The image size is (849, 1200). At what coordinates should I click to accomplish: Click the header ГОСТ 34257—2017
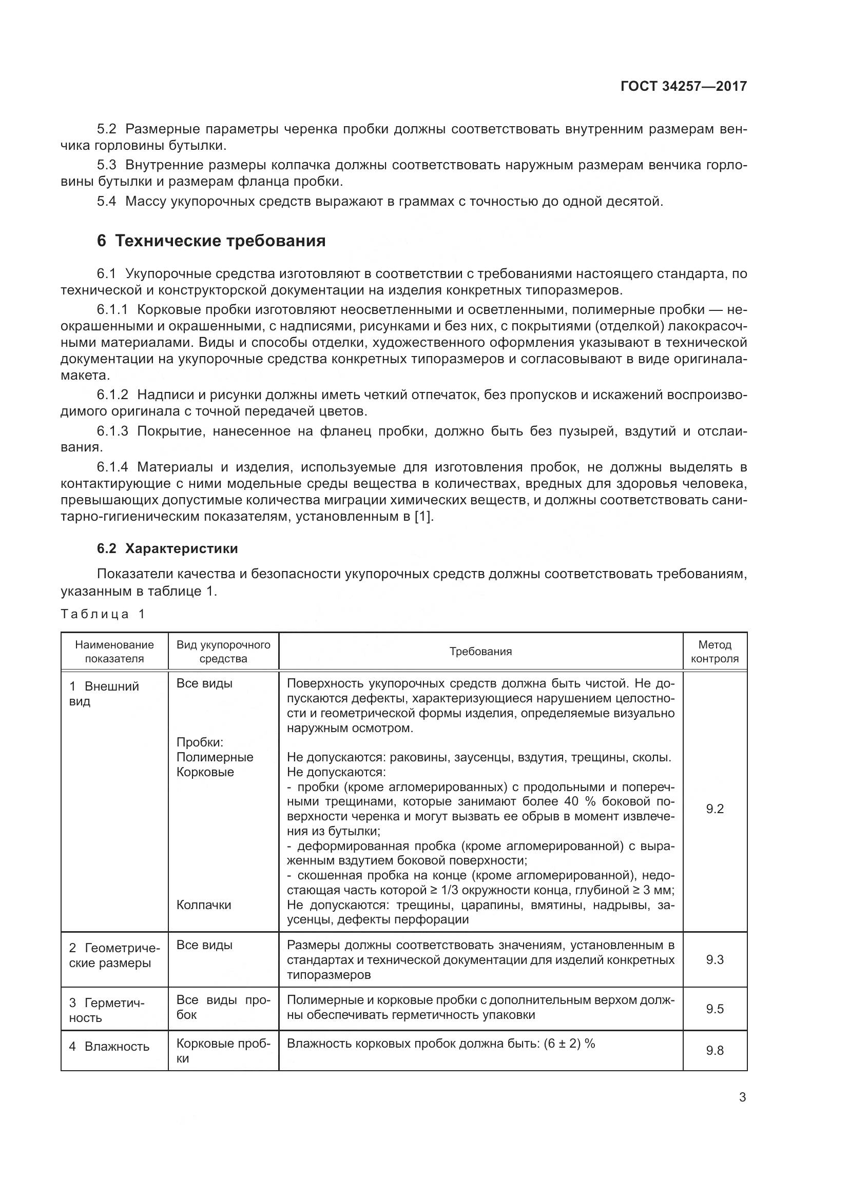(x=683, y=86)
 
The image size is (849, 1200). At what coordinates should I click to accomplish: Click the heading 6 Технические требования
(x=211, y=241)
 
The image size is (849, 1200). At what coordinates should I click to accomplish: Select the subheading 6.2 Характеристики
(x=167, y=548)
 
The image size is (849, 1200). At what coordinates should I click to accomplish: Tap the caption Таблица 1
(x=103, y=614)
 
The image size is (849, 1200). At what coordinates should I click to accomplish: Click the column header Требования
(x=480, y=651)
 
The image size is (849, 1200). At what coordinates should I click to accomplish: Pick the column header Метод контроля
(x=715, y=651)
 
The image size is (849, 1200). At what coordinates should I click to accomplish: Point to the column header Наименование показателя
(x=114, y=651)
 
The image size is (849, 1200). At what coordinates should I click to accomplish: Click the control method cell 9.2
(x=715, y=809)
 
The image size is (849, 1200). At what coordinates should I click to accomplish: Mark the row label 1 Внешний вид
(x=104, y=694)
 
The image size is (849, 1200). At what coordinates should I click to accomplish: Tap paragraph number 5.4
(x=107, y=202)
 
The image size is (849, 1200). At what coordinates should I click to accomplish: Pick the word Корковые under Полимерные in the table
(x=205, y=772)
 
